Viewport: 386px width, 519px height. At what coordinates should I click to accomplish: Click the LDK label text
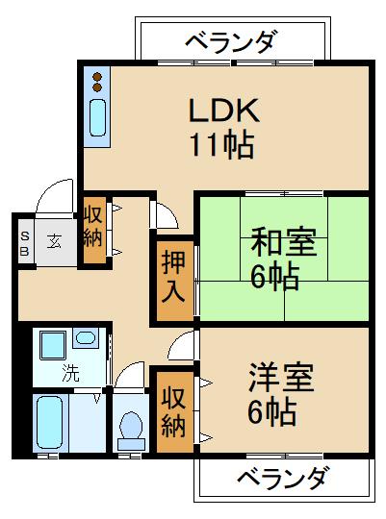(220, 110)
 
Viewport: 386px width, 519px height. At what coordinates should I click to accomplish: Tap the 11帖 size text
(220, 145)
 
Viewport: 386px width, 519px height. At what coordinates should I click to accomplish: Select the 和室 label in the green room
(282, 240)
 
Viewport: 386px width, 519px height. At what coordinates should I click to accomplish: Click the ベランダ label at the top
(230, 42)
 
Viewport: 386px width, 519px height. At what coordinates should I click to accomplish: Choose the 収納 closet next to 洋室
(173, 410)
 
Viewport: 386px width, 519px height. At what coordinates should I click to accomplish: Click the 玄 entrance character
(57, 240)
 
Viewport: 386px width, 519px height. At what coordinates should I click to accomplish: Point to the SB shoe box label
(26, 240)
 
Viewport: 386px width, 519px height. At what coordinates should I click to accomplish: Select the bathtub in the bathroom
(51, 424)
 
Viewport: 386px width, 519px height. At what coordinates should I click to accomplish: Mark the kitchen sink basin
(98, 119)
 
